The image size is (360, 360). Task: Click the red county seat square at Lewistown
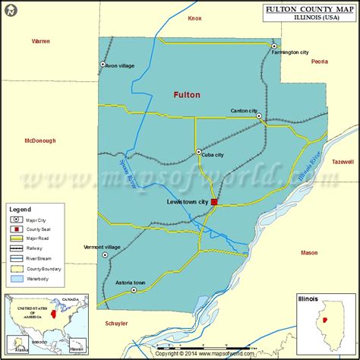pyautogui.click(x=214, y=202)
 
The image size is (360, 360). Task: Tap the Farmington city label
pyautogui.click(x=294, y=52)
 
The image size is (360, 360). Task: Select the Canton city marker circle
pyautogui.click(x=259, y=116)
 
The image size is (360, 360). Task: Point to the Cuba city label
pyautogui.click(x=213, y=155)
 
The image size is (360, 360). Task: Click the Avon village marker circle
pyautogui.click(x=103, y=65)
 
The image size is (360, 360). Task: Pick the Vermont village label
pyautogui.click(x=102, y=247)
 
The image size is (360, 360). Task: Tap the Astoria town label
pyautogui.click(x=130, y=283)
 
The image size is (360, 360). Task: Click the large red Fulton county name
pyautogui.click(x=186, y=95)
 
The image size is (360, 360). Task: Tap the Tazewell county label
pyautogui.click(x=343, y=162)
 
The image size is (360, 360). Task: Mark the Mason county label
pyautogui.click(x=309, y=252)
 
